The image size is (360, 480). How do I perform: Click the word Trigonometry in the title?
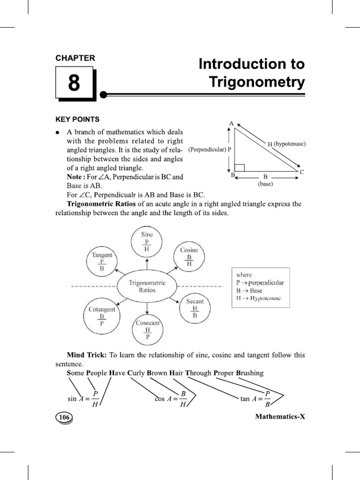pos(256,82)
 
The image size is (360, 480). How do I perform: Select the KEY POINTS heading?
pos(77,119)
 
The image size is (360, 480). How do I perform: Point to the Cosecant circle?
pos(147,330)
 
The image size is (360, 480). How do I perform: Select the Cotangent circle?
pos(102,316)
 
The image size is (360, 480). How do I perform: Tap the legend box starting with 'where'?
pos(260,287)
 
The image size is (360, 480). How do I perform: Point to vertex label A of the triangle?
pos(231,123)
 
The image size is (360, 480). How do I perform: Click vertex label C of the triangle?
pos(302,172)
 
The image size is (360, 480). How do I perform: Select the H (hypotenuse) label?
pos(286,144)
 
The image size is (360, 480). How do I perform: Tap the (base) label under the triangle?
pos(265,184)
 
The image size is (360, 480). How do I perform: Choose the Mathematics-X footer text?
pos(280,416)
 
